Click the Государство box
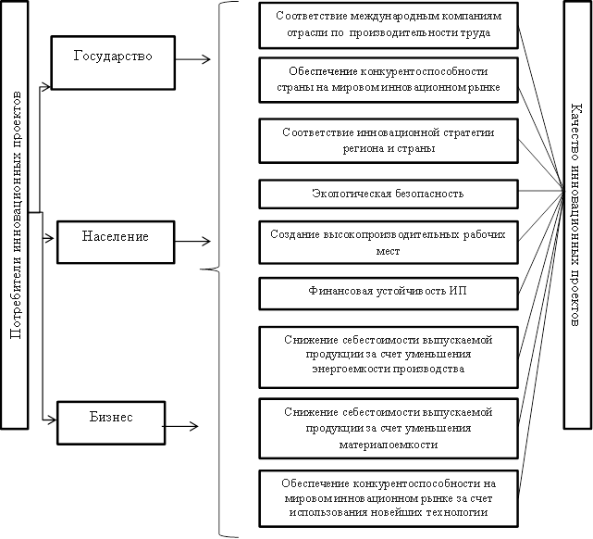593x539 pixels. [x=113, y=63]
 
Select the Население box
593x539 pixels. [x=116, y=243]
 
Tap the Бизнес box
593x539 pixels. [x=111, y=423]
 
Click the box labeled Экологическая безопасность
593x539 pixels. [x=389, y=194]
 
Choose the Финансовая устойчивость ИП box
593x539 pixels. [x=389, y=294]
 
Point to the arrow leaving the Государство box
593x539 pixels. [x=192, y=59]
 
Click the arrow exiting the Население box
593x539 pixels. [x=192, y=241]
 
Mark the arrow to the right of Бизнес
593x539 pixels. [x=180, y=426]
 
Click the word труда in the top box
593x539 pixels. [x=476, y=33]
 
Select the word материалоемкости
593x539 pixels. [x=389, y=444]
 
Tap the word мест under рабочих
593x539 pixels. [x=388, y=251]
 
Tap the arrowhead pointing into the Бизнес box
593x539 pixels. [x=53, y=420]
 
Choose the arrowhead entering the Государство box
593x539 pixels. [x=47, y=87]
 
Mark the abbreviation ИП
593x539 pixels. [x=458, y=291]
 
